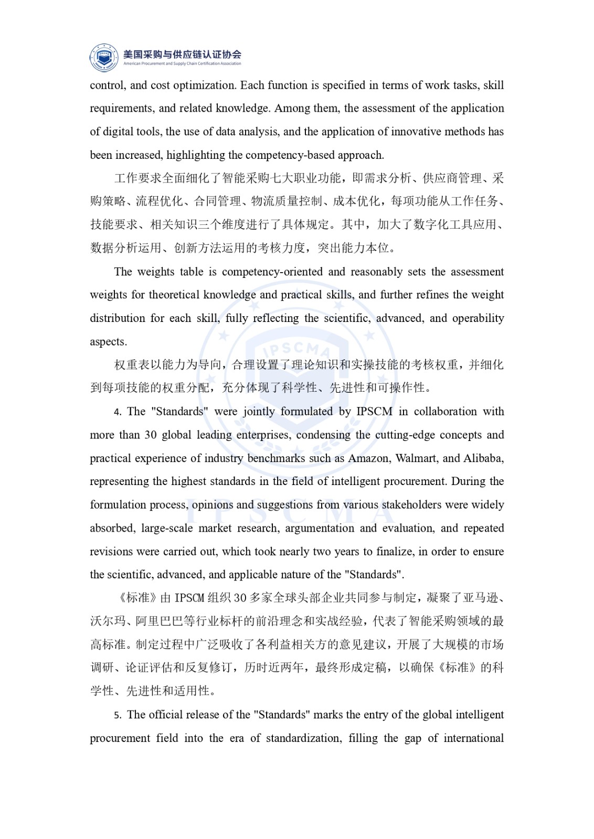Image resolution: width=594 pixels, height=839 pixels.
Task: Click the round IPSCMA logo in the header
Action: pyautogui.click(x=104, y=57)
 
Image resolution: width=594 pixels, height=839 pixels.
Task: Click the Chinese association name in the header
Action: pyautogui.click(x=182, y=53)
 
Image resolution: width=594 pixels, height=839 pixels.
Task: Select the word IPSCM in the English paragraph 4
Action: pyautogui.click(x=374, y=412)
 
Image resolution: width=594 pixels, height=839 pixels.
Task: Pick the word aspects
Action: pyautogui.click(x=108, y=342)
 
